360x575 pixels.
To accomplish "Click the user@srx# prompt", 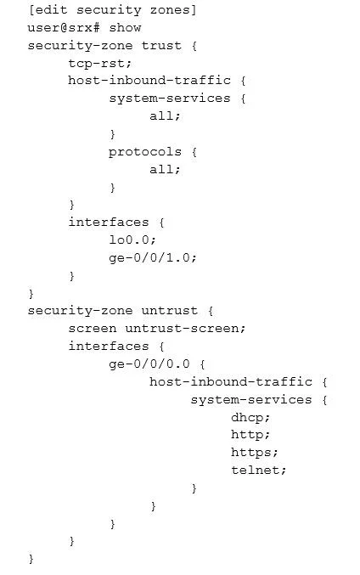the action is pos(64,28).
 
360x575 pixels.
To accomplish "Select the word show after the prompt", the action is pos(125,28).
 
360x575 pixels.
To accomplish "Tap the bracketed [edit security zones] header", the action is pos(113,10).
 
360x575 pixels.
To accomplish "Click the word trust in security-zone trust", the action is pos(161,46).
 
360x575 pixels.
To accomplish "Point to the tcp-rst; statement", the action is pos(99,64).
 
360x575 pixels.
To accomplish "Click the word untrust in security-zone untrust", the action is pos(169,311).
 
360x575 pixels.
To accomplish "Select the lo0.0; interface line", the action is pos(132,240).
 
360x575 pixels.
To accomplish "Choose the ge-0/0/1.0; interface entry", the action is pos(153,258).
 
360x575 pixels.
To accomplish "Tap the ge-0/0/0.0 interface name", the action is pos(149,364).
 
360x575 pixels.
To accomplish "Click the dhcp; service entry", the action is pos(250,417).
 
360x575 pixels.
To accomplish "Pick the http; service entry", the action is pos(250,435).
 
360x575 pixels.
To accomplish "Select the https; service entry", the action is pos(255,453).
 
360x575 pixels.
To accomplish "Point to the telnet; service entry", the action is pos(258,471).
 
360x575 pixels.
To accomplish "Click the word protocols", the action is pos(145,152).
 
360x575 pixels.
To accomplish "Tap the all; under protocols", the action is pos(165,169).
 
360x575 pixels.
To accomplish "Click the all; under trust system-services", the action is pos(165,116).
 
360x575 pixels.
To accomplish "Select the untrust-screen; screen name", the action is pos(185,328).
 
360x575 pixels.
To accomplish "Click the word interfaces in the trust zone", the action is pos(109,223).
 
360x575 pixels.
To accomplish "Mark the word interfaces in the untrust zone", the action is pos(109,347).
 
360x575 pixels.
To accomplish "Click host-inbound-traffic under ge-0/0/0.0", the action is pos(231,381).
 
